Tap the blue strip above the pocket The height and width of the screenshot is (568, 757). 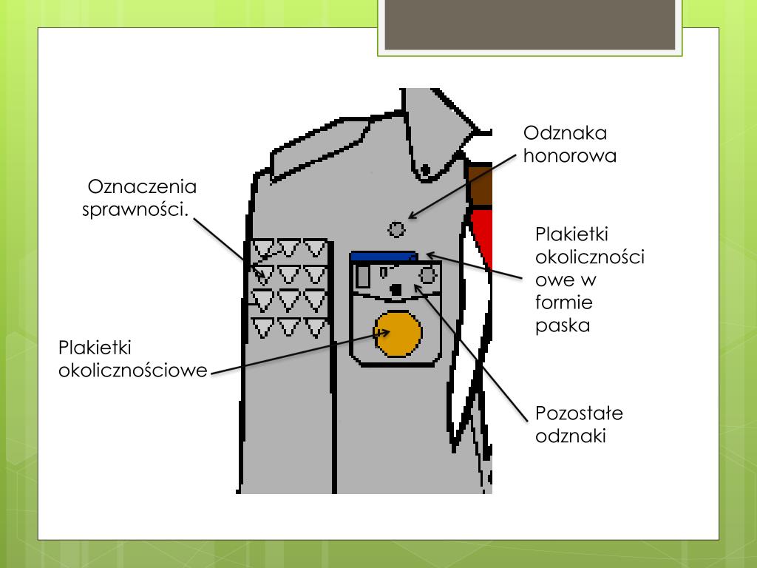point(384,256)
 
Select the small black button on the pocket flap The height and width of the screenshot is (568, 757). point(396,289)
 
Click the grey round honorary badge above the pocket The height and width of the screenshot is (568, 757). point(397,229)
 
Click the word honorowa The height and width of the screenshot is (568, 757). point(570,156)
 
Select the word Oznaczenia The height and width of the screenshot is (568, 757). point(142,186)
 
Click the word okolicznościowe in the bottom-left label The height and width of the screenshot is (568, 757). point(133,370)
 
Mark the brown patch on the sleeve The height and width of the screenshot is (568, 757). point(481,185)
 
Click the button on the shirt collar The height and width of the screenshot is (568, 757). point(425,171)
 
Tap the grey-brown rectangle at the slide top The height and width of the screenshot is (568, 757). point(529,24)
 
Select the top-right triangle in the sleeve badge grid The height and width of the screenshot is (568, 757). point(316,248)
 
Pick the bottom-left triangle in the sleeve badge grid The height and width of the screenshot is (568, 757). point(264,327)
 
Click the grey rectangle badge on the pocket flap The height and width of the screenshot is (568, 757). point(363,277)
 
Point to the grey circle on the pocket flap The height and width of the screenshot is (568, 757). point(427,275)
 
